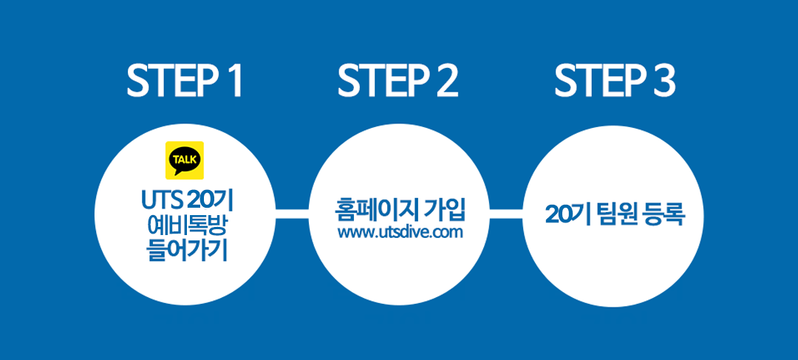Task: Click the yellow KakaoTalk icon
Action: click(185, 160)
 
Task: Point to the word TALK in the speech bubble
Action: click(185, 158)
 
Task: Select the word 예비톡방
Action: click(187, 226)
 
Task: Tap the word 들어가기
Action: click(187, 251)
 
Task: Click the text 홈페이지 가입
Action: click(400, 210)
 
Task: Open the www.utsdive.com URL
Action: click(400, 233)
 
